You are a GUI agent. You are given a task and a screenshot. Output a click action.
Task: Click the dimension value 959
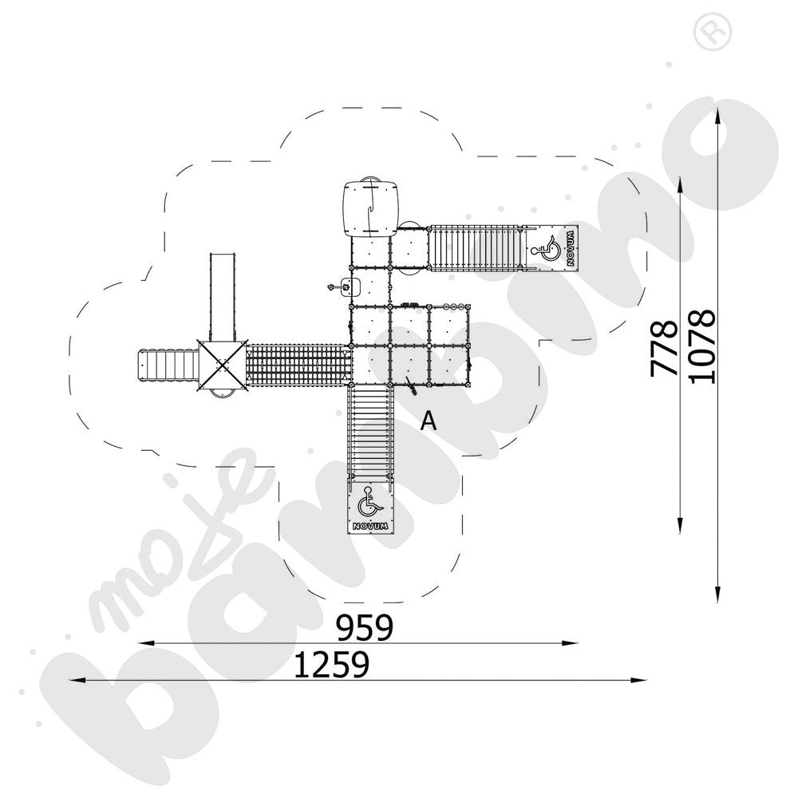(x=365, y=627)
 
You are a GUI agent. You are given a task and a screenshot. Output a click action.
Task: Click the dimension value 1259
(x=332, y=665)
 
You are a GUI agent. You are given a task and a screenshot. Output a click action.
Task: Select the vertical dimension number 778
(x=664, y=348)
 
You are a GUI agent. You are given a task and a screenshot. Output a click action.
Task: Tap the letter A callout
(x=429, y=421)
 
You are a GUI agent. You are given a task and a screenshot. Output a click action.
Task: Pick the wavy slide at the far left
(x=167, y=365)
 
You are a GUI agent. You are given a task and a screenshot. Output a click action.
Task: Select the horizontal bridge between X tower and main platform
(x=298, y=363)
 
